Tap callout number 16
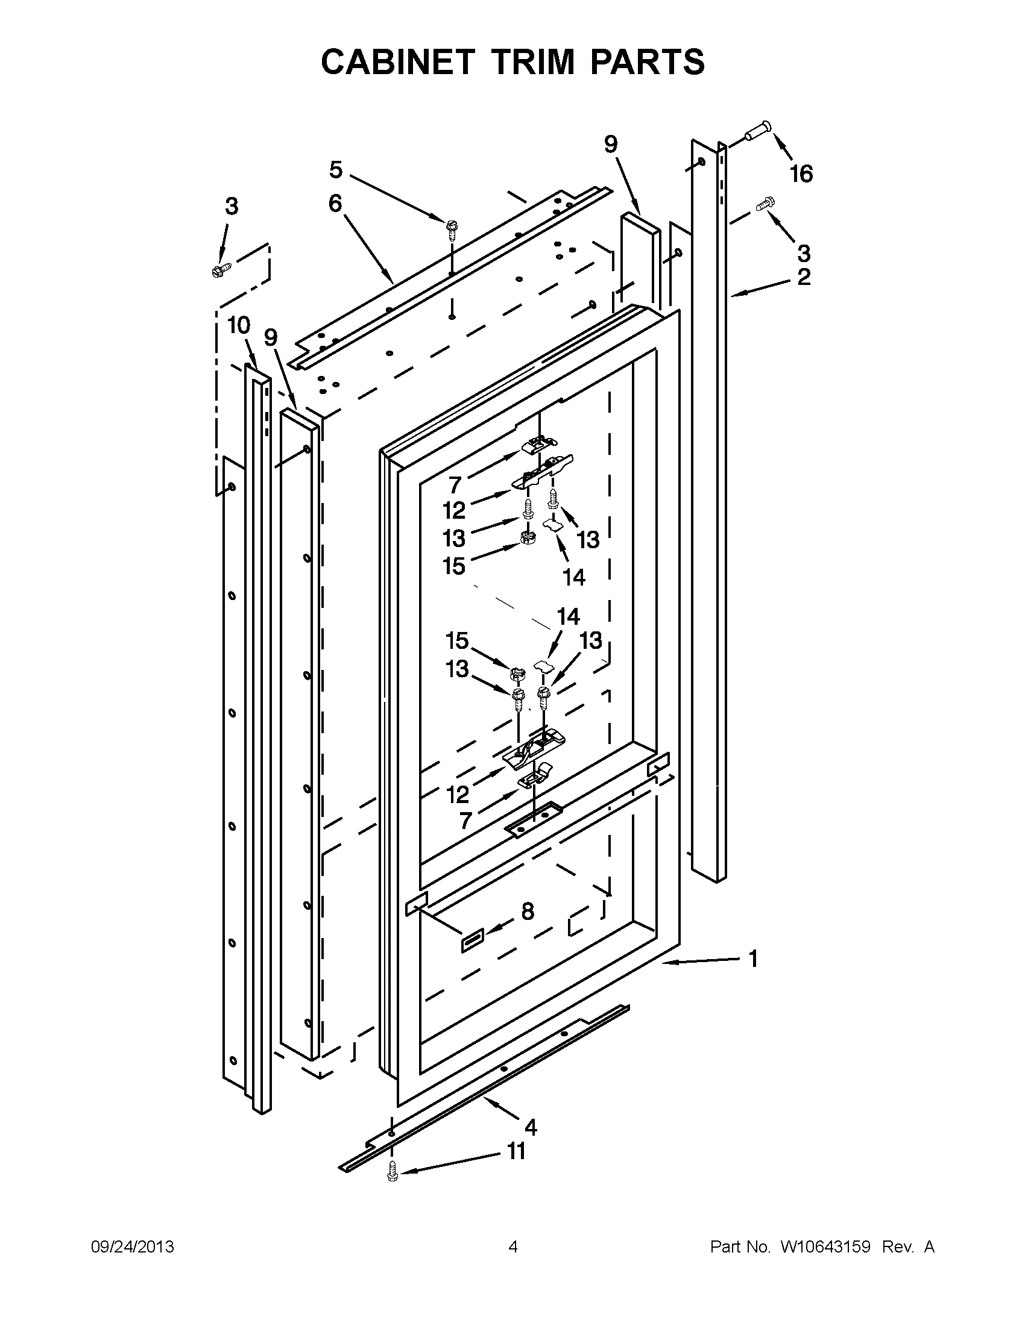click(x=801, y=174)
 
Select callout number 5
click(x=336, y=170)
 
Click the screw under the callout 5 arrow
click(x=452, y=229)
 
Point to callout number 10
click(x=239, y=326)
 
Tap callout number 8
click(x=528, y=928)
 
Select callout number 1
click(x=753, y=959)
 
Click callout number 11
click(x=516, y=1151)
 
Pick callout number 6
click(x=335, y=204)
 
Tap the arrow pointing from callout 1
click(x=699, y=961)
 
